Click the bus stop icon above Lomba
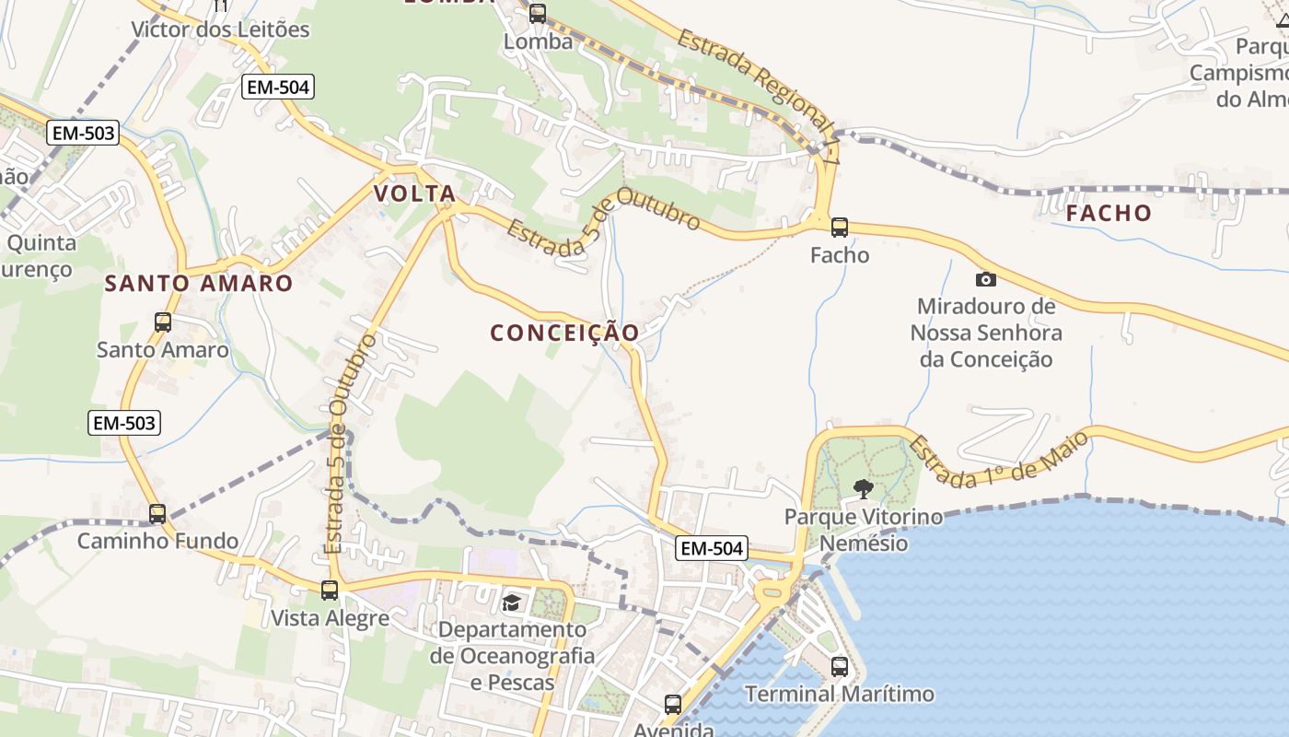point(537,14)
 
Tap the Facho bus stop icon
point(839,227)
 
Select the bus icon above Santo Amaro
point(163,322)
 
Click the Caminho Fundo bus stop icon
point(157,513)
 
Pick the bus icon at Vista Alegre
point(330,590)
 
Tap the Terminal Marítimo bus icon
point(839,666)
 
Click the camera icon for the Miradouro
point(985,278)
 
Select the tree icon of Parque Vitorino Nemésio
point(863,488)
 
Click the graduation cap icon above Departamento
point(511,602)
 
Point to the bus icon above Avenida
point(673,705)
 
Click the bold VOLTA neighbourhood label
point(415,193)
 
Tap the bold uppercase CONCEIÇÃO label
point(564,333)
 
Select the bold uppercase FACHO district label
point(1109,213)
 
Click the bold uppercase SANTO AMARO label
point(199,283)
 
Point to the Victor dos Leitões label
point(220,29)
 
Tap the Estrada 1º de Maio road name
point(998,459)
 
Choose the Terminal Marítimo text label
point(839,694)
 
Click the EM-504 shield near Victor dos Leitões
point(278,88)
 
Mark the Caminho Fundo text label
point(157,541)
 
